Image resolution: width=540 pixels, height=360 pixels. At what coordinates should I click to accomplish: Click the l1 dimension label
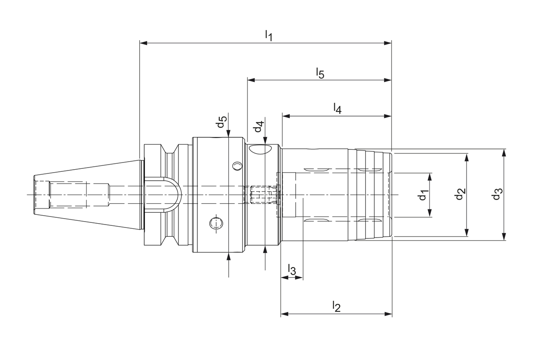tap(268, 35)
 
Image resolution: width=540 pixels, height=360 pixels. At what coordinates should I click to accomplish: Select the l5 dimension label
tap(320, 73)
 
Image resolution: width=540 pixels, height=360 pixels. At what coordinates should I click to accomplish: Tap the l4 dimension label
tap(337, 108)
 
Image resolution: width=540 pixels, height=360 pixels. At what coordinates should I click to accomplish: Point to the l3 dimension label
tap(292, 269)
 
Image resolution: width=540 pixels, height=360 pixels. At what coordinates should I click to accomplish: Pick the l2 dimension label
tap(336, 306)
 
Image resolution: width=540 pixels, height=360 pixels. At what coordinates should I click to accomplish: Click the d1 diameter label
tap(424, 195)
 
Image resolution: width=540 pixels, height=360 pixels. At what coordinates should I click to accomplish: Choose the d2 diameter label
tap(460, 194)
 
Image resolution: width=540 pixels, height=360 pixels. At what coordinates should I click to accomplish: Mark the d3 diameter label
tap(498, 195)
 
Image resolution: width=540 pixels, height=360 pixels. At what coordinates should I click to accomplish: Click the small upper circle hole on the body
tap(238, 166)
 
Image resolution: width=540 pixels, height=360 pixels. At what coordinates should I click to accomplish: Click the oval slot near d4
tap(260, 149)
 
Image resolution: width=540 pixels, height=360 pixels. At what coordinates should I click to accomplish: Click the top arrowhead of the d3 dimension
tap(504, 152)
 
